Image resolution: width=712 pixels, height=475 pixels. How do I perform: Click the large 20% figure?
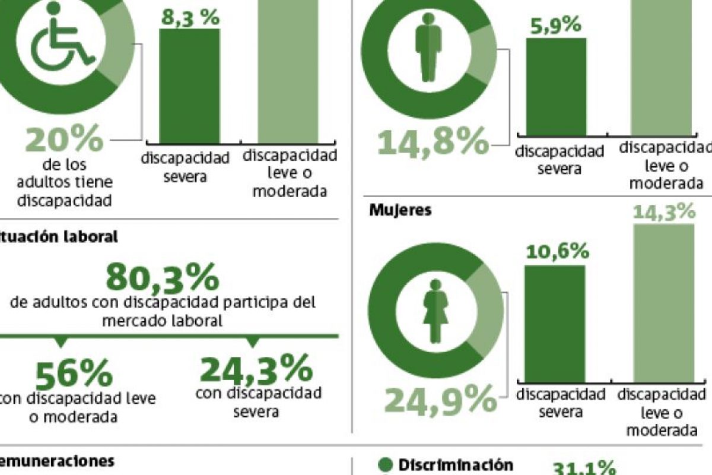(64, 141)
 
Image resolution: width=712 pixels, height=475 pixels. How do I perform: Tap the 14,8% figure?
(434, 142)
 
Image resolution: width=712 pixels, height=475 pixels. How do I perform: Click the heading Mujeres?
(400, 210)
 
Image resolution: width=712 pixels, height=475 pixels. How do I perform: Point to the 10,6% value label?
(557, 252)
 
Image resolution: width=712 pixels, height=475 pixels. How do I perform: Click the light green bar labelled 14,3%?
(664, 303)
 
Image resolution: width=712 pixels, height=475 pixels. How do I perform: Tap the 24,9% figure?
(440, 400)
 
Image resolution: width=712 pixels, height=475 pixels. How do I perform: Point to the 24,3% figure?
(256, 369)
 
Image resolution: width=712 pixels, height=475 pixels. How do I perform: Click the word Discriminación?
(455, 464)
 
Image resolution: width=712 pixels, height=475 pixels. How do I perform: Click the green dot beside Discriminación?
(386, 464)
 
